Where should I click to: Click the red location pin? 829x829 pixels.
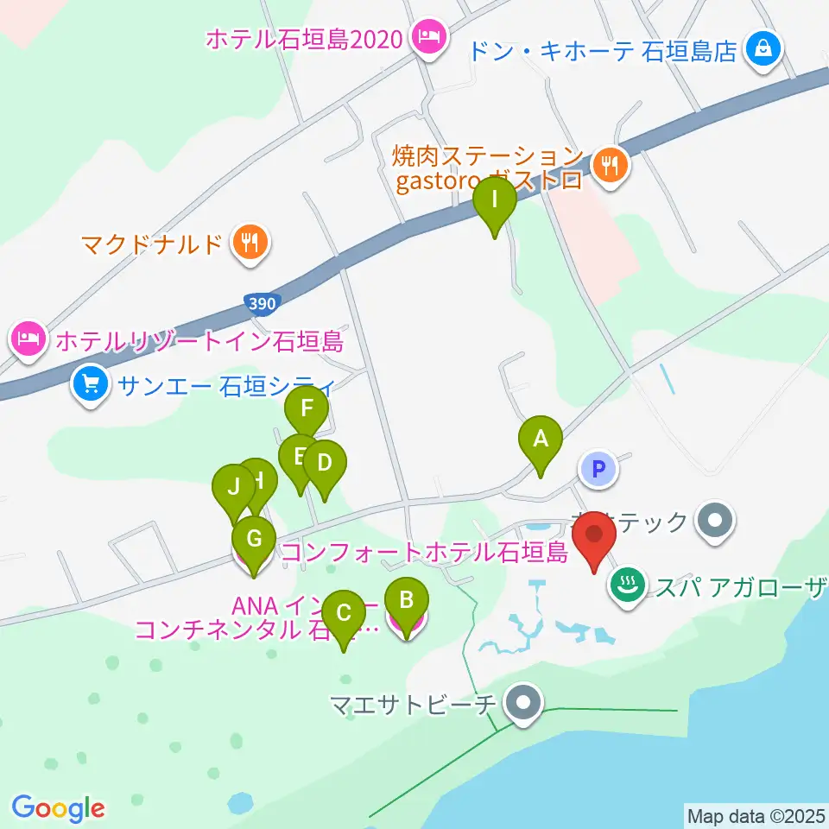[594, 537]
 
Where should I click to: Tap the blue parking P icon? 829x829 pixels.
[600, 469]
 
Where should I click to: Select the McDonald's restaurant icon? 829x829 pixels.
[250, 243]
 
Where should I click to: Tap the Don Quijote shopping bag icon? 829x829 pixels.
[764, 49]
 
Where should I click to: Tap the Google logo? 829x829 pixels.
[58, 808]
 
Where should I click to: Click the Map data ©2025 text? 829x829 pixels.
[755, 814]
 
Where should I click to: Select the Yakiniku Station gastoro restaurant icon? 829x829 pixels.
[611, 164]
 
